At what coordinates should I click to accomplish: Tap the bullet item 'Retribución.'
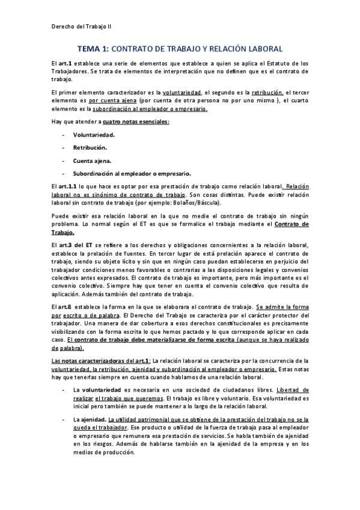coord(90,147)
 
